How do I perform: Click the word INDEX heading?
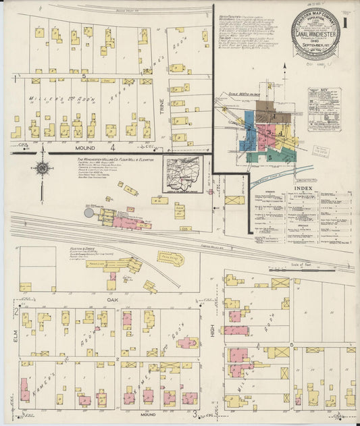click(x=303, y=188)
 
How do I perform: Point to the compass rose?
click(x=42, y=168)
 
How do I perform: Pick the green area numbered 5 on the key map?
click(x=269, y=157)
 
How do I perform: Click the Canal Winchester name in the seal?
click(x=316, y=32)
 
